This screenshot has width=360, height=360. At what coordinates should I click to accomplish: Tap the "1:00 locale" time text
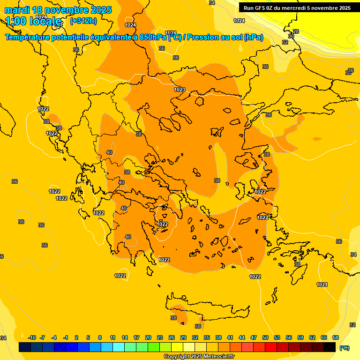33,21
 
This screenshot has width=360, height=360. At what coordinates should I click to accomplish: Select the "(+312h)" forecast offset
83,21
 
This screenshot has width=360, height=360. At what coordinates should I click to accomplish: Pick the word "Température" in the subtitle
29,37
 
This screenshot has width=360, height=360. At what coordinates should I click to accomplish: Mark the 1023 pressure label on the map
180,90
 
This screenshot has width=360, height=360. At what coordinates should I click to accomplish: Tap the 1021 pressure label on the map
322,285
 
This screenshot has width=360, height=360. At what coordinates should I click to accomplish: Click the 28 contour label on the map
296,31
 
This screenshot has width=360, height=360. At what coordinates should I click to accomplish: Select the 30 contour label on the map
291,36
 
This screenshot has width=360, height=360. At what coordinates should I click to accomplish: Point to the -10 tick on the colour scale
32,337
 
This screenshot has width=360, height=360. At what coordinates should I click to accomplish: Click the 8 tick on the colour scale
100,337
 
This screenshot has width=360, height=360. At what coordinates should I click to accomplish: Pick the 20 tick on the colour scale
148,337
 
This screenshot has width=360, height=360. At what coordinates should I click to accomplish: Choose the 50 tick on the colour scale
265,337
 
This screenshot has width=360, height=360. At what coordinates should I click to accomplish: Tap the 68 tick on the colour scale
336,337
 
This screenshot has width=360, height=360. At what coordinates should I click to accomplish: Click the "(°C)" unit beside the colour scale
344,347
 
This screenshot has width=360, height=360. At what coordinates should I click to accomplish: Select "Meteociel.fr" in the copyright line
218,357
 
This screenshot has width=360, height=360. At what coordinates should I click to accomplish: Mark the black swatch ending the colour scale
330,347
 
